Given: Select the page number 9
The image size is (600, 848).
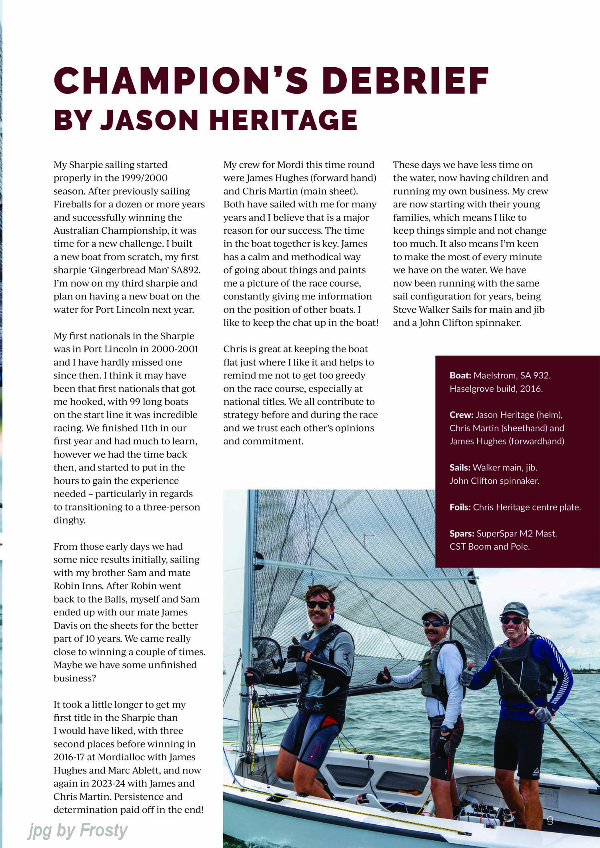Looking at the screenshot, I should (x=550, y=821).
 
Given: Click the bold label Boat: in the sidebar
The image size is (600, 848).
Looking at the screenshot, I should (x=460, y=376).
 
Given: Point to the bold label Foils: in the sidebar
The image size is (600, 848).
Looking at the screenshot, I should (x=460, y=507).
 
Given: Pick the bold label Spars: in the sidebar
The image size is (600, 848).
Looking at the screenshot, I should (x=462, y=534).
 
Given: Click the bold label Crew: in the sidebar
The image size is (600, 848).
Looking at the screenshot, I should (x=461, y=415).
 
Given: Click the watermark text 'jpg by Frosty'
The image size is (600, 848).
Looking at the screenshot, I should (x=78, y=831).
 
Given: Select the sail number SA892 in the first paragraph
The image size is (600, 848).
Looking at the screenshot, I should (x=185, y=270).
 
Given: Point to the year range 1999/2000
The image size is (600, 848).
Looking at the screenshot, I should (x=144, y=178).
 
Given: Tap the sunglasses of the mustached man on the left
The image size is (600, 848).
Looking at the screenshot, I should (x=318, y=605).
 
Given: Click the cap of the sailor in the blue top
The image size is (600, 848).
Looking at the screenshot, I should (x=514, y=609).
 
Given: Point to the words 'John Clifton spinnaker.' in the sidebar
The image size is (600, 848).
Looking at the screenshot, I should (x=494, y=481).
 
